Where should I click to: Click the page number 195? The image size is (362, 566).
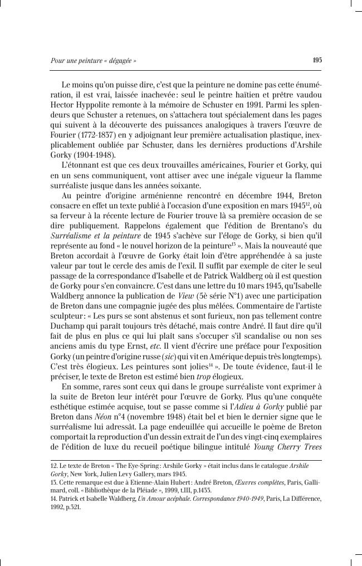(x=317, y=60)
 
